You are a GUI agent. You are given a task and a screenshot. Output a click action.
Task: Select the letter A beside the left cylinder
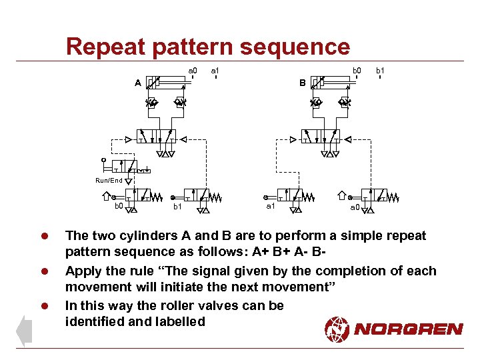[137, 83]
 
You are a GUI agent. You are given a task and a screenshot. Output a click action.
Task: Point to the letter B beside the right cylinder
[302, 83]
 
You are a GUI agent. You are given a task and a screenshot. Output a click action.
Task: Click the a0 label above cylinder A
[192, 69]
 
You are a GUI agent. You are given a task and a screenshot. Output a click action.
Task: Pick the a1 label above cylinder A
[215, 69]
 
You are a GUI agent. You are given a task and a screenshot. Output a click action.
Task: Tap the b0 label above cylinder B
[357, 69]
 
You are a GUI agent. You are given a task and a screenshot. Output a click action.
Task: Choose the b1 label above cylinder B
[380, 69]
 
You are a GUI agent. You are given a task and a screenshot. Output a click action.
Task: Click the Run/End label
[109, 181]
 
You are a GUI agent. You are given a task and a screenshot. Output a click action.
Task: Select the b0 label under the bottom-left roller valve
[118, 207]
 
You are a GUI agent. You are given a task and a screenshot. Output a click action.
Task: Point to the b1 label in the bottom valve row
[177, 207]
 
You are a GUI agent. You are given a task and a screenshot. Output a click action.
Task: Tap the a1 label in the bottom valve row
[271, 207]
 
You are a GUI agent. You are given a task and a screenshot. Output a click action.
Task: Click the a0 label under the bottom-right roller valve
[355, 207]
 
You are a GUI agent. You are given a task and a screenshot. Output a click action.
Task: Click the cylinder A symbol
[167, 83]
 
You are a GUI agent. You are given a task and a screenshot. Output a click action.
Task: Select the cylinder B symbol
[331, 83]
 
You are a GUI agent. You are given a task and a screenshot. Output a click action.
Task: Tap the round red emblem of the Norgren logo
[337, 328]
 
